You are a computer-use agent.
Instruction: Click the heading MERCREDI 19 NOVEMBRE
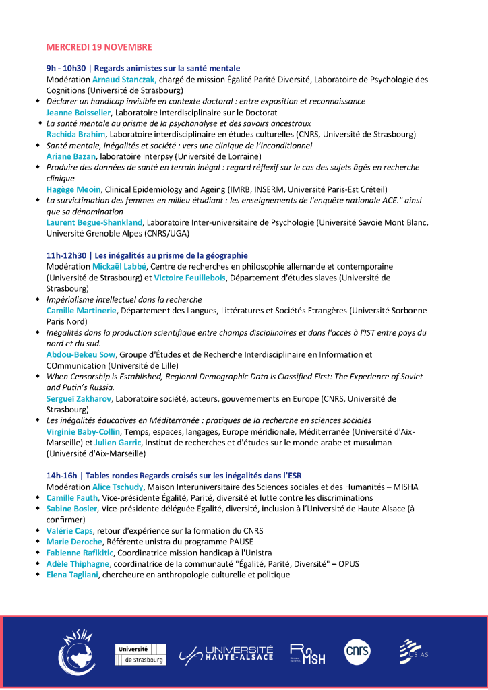[99, 47]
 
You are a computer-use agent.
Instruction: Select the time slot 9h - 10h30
[65, 69]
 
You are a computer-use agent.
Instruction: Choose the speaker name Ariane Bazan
[71, 156]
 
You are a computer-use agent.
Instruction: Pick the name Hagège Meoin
[73, 189]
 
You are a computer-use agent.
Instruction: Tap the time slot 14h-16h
[61, 476]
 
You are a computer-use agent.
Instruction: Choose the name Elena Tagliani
[73, 575]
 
